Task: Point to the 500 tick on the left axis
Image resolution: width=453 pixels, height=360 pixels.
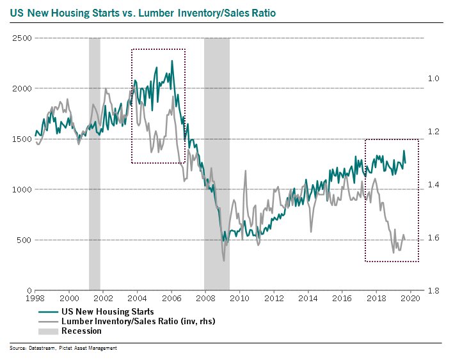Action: click(x=23, y=240)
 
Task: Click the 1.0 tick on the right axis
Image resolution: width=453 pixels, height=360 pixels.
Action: click(x=433, y=79)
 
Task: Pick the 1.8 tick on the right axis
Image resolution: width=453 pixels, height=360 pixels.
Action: click(x=433, y=291)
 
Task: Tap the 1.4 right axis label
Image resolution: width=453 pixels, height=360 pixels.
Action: click(x=433, y=185)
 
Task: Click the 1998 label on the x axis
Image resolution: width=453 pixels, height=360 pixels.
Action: click(x=35, y=299)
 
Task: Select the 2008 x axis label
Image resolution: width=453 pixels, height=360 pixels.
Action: click(x=205, y=299)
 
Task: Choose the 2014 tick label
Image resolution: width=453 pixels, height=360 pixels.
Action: click(x=308, y=299)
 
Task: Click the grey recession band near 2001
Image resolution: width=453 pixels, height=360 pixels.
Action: click(x=94, y=160)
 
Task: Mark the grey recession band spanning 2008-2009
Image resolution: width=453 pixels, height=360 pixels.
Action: click(x=216, y=160)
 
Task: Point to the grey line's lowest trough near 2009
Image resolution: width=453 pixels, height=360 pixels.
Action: click(x=224, y=260)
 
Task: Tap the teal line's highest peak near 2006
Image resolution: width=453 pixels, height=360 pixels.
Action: click(x=171, y=61)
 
